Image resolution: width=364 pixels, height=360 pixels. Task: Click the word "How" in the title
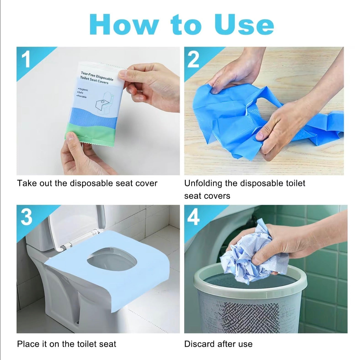coord(124,25)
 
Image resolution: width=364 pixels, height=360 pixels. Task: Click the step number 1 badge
coord(26,59)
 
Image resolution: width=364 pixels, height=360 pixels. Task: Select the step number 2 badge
coord(193,59)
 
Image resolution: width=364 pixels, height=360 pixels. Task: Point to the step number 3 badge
coord(26,217)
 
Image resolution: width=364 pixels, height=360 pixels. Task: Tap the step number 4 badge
coord(193,217)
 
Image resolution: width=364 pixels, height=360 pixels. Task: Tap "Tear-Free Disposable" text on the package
coord(97,75)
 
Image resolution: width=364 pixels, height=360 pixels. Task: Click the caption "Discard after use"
coord(218,344)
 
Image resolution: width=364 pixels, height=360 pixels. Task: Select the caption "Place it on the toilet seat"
coord(66,344)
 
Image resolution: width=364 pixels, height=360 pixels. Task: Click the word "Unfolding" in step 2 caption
coord(203,183)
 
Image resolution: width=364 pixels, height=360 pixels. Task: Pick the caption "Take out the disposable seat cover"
coord(87,183)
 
